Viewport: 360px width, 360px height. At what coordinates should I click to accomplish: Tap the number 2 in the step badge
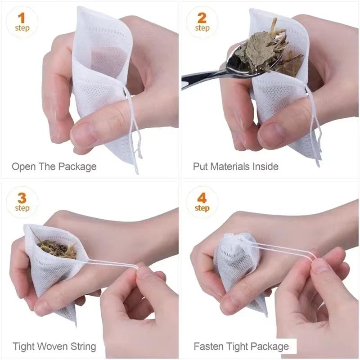pos(202,18)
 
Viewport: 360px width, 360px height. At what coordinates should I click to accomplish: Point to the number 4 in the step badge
pos(202,198)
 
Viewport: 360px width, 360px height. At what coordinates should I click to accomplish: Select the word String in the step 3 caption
pos(81,346)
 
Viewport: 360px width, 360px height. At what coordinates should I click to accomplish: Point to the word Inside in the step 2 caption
pos(265,166)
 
